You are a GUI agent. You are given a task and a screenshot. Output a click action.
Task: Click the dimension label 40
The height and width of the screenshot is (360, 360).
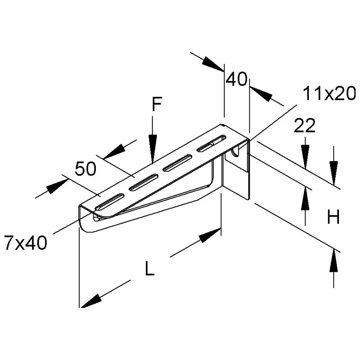(x=236, y=79)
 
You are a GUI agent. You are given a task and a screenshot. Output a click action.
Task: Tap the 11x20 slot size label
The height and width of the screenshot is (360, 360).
(x=329, y=94)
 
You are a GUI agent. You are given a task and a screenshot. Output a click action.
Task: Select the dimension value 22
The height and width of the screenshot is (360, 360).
(x=305, y=126)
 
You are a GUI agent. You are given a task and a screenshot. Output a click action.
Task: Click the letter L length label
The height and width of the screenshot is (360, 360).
(x=150, y=268)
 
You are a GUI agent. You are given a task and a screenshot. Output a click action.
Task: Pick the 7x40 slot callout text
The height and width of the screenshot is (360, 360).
(x=26, y=243)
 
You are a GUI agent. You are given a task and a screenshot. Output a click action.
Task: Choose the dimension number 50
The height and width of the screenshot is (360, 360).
(x=85, y=169)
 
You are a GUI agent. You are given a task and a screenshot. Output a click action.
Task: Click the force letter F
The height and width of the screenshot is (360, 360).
(x=157, y=104)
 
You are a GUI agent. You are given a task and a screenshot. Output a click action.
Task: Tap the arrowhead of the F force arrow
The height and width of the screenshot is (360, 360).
(x=152, y=149)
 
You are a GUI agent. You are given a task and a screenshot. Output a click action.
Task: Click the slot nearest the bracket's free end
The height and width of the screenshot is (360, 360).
(x=109, y=202)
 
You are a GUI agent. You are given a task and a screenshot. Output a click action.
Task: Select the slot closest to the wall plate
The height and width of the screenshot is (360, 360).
(x=211, y=143)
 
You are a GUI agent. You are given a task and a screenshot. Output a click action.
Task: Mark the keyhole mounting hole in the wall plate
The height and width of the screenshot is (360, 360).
(x=236, y=152)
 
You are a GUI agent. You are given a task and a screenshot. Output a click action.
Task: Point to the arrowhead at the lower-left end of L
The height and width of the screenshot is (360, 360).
(x=91, y=301)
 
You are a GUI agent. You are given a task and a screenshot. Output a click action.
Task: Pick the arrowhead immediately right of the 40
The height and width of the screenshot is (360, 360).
(x=261, y=93)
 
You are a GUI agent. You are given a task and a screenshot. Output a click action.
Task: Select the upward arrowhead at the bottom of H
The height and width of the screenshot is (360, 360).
(x=334, y=261)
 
